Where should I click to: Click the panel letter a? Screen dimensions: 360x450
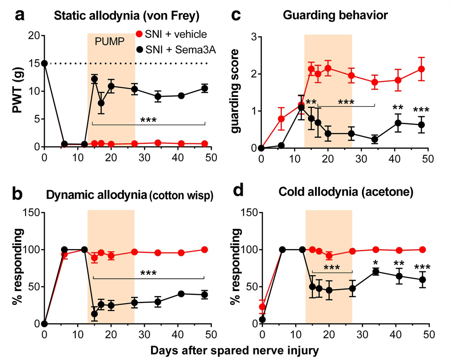[x=20, y=15]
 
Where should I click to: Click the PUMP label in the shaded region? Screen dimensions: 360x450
[x=109, y=42]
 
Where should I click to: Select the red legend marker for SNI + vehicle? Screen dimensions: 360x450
[x=140, y=34]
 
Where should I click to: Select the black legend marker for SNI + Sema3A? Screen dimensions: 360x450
[x=140, y=50]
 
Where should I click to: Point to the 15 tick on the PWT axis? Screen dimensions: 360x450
[x=34, y=64]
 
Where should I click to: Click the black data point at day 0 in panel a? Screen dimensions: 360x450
[x=44, y=63]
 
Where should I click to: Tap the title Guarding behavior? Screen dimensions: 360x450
[x=335, y=15]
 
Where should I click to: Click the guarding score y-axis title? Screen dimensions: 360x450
[x=235, y=91]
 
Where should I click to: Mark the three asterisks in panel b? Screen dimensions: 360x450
[x=148, y=273]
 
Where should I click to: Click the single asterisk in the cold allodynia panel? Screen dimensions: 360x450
[x=376, y=262]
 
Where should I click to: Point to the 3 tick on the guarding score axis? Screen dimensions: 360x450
[x=254, y=37]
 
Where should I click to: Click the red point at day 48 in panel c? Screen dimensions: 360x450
[x=421, y=69]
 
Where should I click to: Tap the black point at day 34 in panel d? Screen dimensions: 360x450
[x=376, y=272]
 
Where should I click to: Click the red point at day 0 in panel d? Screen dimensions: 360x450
[x=262, y=307]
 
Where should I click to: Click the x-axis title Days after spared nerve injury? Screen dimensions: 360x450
[x=234, y=350]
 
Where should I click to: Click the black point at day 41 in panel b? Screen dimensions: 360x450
[x=181, y=294]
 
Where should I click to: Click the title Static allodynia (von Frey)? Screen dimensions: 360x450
[x=126, y=16]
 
